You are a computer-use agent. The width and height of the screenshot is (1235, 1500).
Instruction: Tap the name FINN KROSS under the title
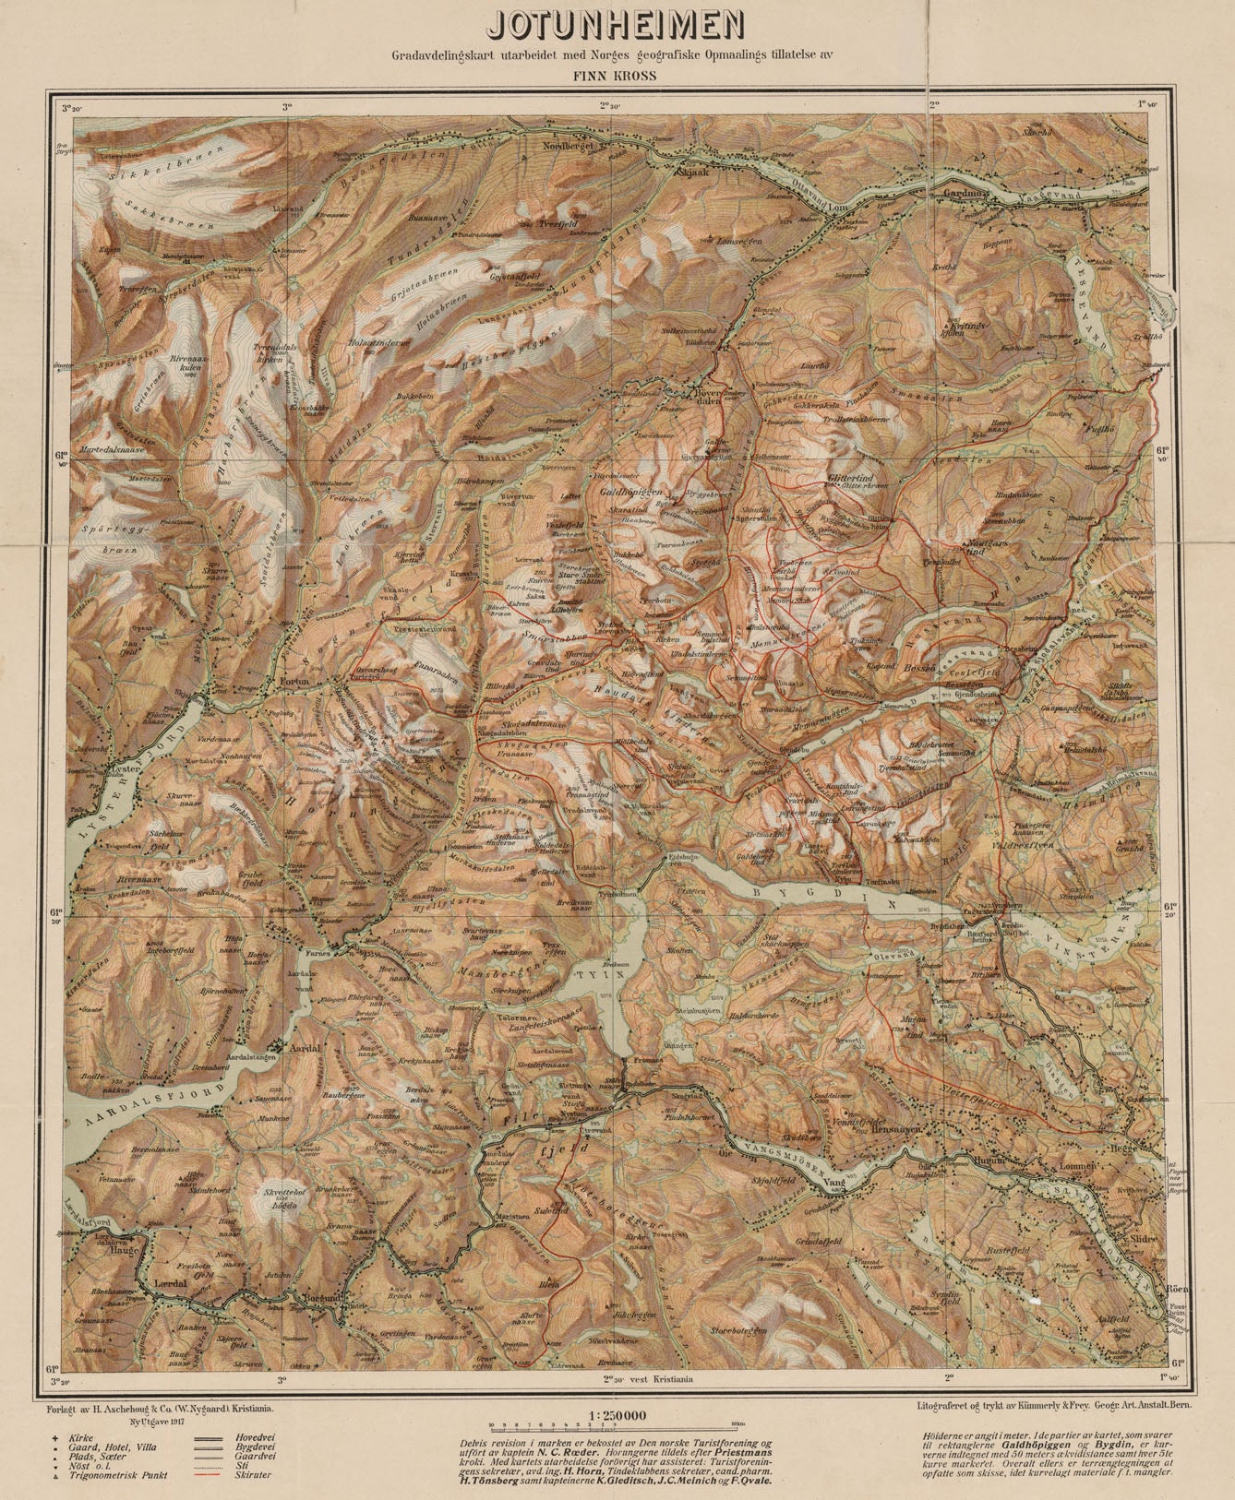click(616, 76)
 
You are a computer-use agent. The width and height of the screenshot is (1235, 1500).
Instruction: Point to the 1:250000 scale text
click(616, 1415)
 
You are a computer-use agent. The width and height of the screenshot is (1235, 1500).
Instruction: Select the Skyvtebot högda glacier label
click(278, 1198)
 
